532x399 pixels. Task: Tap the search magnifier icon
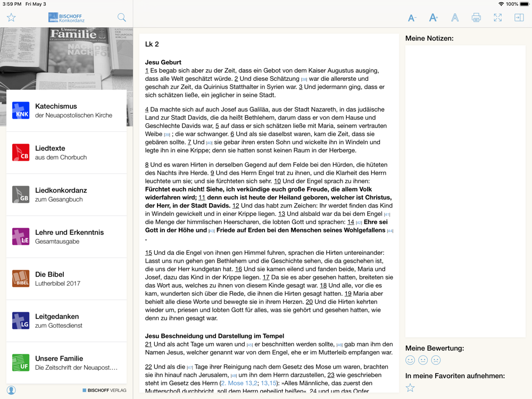pyautogui.click(x=122, y=18)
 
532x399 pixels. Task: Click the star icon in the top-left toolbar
pyautogui.click(x=11, y=18)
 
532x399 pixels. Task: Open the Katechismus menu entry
pyautogui.click(x=66, y=111)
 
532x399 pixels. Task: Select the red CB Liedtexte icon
pyautogui.click(x=21, y=153)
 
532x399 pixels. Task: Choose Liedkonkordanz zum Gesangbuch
pyautogui.click(x=66, y=195)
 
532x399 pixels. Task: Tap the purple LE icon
pyautogui.click(x=21, y=237)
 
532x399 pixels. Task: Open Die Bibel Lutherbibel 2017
pyautogui.click(x=66, y=279)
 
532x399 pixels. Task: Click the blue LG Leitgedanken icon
pyautogui.click(x=21, y=321)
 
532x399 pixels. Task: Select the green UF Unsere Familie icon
pyautogui.click(x=21, y=363)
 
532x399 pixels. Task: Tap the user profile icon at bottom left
pyautogui.click(x=11, y=390)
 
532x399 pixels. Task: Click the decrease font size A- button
pyautogui.click(x=412, y=18)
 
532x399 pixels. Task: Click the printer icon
pyautogui.click(x=476, y=18)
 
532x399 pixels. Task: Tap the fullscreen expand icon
pyautogui.click(x=497, y=18)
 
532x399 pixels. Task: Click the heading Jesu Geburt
pyautogui.click(x=163, y=62)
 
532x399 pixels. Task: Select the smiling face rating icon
pyautogui.click(x=410, y=360)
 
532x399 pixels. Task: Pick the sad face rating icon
pyautogui.click(x=436, y=360)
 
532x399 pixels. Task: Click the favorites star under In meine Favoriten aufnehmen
pyautogui.click(x=410, y=388)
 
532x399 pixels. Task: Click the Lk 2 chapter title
pyautogui.click(x=152, y=44)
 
